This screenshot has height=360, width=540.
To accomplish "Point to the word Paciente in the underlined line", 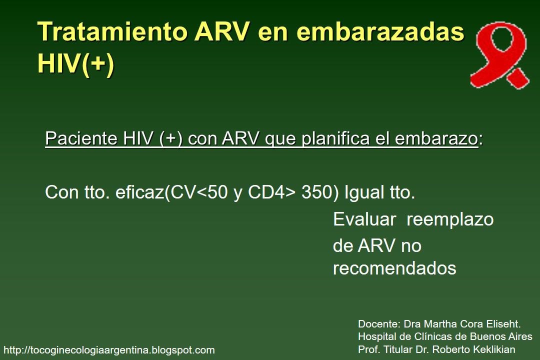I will [80, 138].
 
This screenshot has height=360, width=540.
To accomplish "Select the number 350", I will [317, 192].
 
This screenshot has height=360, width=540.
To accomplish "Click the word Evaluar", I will [365, 219].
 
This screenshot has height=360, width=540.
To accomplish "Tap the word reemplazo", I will [450, 219].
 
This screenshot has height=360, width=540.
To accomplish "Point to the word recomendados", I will [394, 268].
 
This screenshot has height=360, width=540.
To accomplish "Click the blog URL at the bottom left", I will [109, 350].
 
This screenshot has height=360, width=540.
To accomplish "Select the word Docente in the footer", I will [375, 323].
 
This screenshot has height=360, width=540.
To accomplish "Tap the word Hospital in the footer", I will [375, 336].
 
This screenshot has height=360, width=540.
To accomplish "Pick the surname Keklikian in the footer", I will [492, 349].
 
